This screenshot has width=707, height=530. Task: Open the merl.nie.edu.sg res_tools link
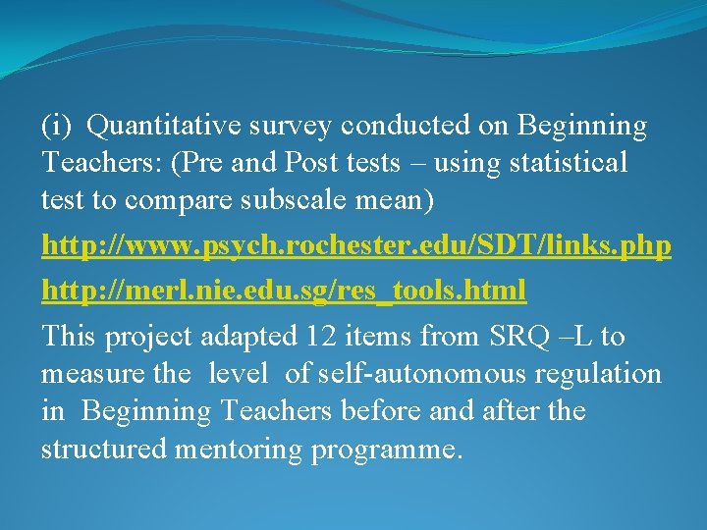click(284, 291)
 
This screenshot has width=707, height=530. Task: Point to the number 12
click(321, 337)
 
